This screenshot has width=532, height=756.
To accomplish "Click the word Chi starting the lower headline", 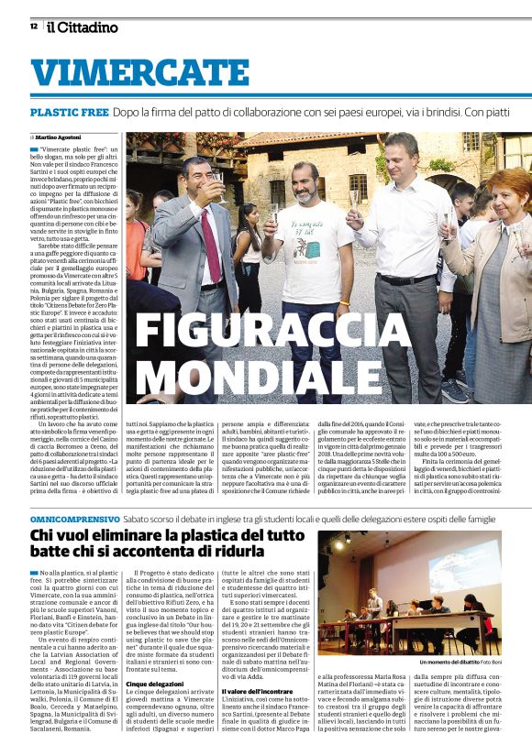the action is [x=44, y=538].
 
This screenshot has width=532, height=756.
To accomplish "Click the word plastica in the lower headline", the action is [x=207, y=538].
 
